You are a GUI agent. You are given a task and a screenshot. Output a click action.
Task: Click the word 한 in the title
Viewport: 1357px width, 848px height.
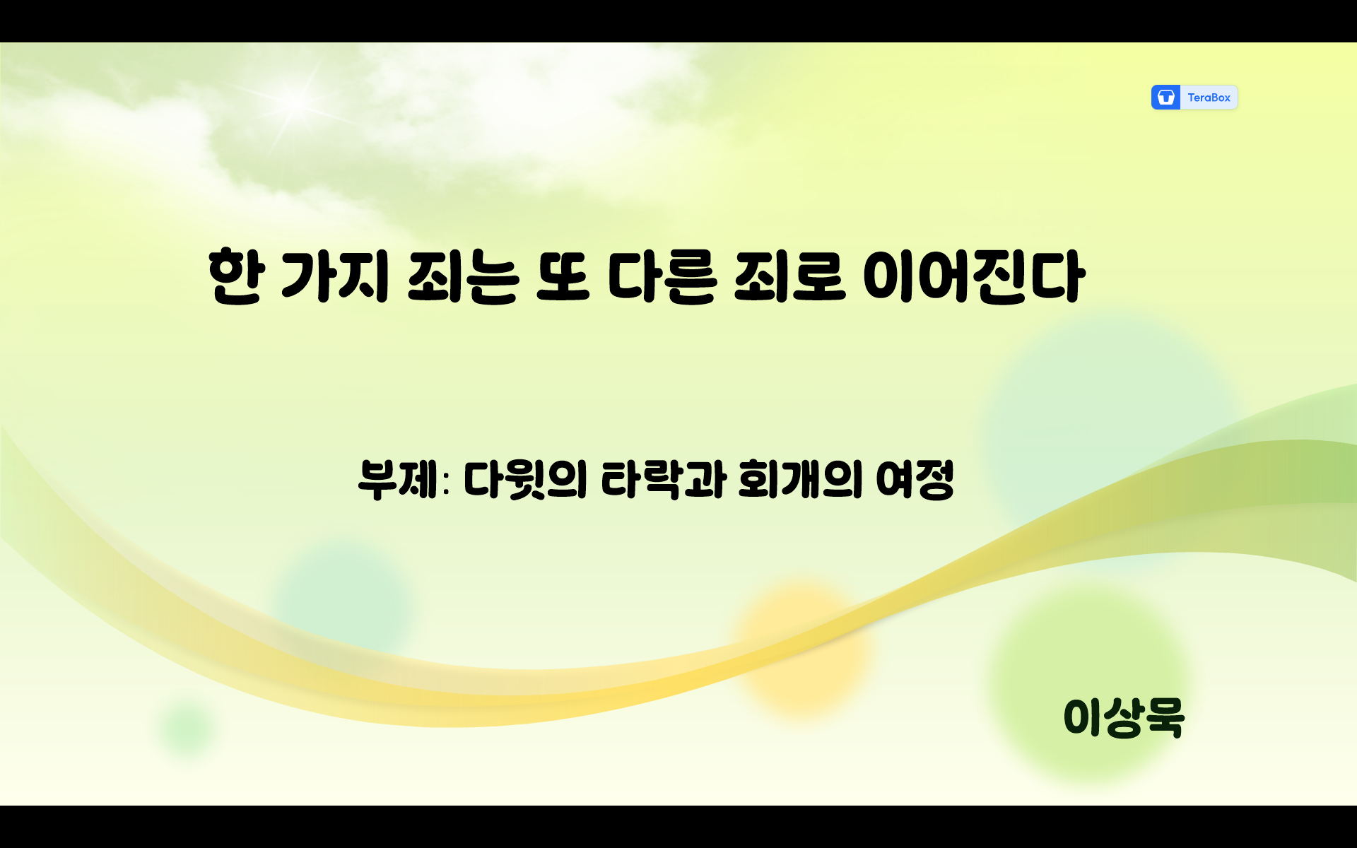237,277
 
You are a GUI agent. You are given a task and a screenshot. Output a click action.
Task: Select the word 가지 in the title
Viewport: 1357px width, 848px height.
334,277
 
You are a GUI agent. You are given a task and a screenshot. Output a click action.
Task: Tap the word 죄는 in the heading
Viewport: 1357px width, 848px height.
463,277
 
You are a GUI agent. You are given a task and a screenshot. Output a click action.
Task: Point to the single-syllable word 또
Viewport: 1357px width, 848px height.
563,277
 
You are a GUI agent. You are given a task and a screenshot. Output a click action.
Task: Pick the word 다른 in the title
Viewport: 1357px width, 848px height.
662,277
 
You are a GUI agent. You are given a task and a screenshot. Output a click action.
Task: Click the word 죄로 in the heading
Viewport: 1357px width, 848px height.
789,277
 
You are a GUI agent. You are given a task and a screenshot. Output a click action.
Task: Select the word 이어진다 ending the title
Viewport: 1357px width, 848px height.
973,277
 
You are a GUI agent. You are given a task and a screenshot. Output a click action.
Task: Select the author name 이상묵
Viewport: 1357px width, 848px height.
1124,718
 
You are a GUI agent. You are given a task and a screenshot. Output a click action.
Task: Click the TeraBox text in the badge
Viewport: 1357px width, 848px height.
1209,98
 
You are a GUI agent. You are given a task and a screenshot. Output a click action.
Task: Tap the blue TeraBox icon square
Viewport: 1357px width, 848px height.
1166,98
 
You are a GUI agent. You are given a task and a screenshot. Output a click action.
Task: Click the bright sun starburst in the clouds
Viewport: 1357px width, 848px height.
295,102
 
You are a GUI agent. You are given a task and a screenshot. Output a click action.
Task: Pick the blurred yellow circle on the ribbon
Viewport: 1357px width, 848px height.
802,647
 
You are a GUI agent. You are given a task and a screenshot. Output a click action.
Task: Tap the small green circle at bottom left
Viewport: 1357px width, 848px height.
187,728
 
